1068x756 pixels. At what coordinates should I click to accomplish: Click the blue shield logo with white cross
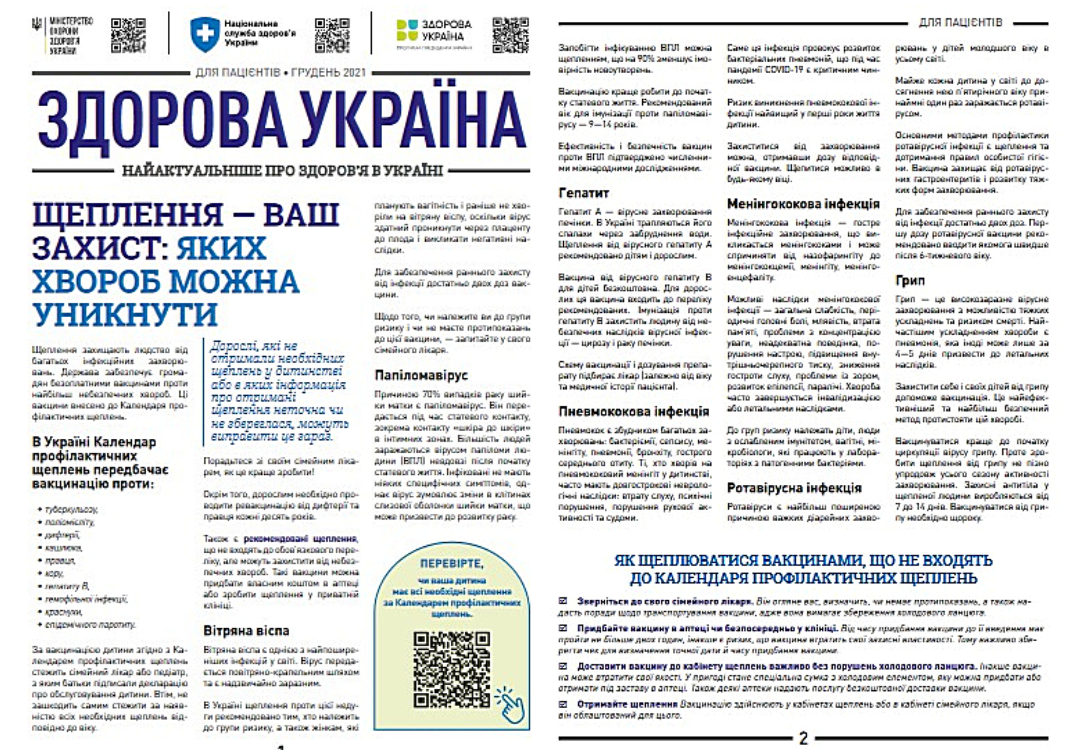pos(204,34)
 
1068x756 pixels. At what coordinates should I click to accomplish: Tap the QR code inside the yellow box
pos(451,669)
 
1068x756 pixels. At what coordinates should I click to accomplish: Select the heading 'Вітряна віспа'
pos(246,631)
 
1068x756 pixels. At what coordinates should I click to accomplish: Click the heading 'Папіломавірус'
pos(421,375)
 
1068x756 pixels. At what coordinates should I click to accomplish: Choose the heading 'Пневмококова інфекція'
pos(634,411)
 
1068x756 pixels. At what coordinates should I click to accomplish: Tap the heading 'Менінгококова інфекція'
pos(803,204)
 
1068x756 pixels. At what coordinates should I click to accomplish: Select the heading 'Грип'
pos(910,280)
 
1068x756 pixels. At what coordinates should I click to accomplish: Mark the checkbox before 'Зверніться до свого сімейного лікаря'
pos(563,601)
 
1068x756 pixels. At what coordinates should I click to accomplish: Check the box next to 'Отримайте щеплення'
pos(563,705)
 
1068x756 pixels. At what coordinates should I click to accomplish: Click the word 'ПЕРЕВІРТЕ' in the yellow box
pos(451,564)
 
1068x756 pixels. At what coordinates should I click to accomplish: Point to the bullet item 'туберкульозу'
pos(71,510)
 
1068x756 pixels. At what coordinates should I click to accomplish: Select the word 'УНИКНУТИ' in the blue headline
pos(125,315)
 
